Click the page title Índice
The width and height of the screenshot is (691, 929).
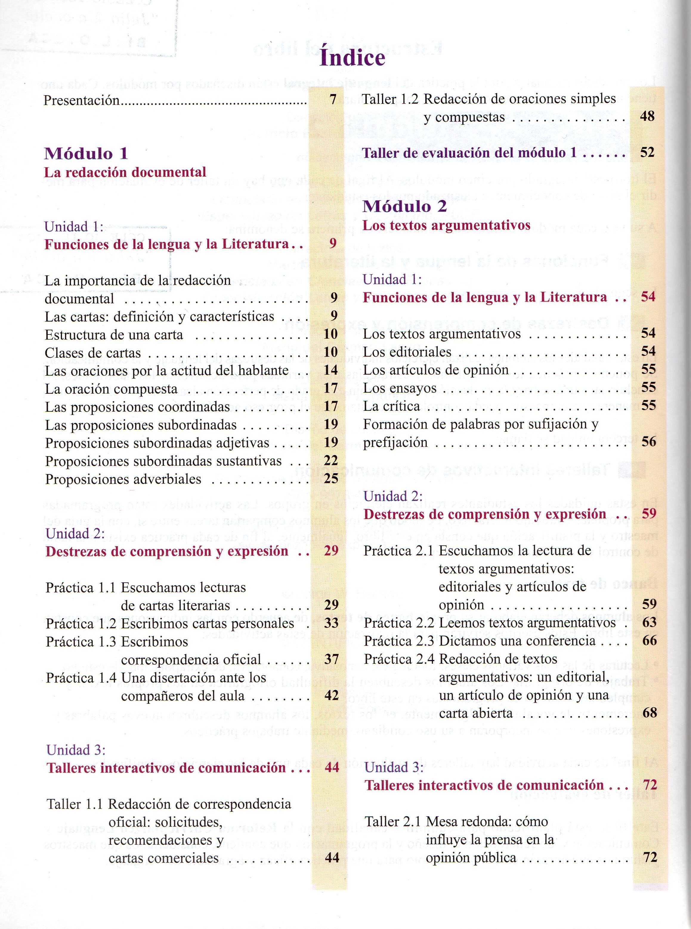click(352, 58)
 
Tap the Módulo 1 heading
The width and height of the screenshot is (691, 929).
click(86, 154)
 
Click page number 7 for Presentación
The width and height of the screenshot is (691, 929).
click(333, 100)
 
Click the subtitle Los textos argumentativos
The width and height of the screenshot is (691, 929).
click(446, 225)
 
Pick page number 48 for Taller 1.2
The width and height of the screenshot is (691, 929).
click(647, 116)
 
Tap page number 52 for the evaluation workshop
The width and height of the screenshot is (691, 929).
click(647, 152)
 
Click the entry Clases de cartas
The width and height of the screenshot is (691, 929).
click(93, 353)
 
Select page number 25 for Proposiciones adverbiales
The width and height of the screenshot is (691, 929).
click(331, 479)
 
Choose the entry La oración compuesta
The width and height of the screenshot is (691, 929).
click(111, 389)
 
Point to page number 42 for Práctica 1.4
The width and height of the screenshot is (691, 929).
click(331, 695)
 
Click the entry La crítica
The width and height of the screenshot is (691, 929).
click(391, 406)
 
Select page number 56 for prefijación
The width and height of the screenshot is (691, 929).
click(649, 442)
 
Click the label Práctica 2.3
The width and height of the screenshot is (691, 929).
click(399, 641)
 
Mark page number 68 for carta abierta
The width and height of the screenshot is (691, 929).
click(650, 713)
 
